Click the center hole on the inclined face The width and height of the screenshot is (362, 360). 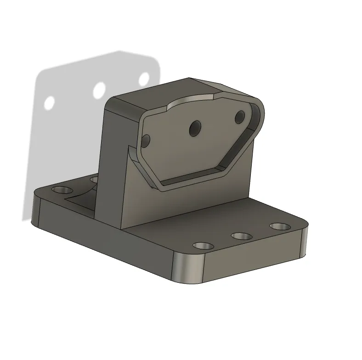195,127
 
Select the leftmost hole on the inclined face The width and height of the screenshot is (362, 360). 146,141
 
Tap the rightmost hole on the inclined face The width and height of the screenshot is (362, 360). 239,117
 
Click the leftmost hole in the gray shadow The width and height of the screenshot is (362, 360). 50,102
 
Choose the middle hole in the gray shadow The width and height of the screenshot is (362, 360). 99,90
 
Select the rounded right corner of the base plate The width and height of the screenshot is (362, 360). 304,241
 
